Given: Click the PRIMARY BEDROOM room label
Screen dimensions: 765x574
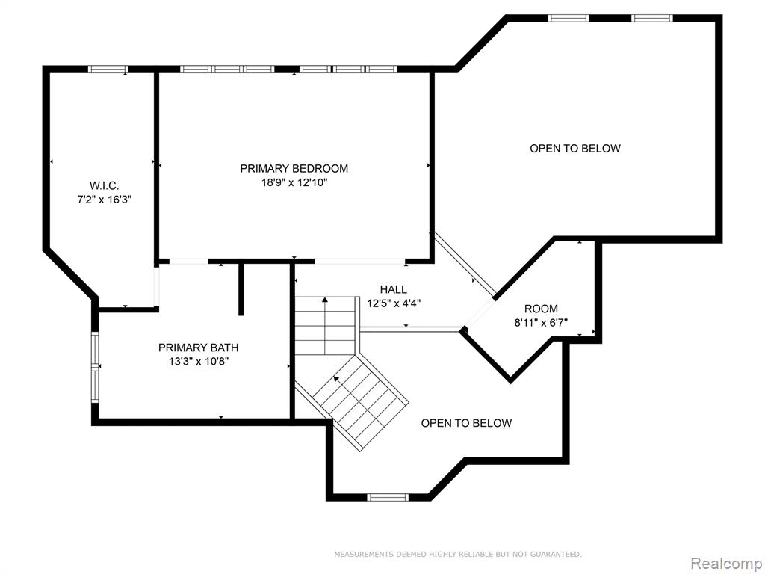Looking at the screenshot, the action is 294,168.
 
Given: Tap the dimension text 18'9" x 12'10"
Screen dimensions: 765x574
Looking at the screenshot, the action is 294,183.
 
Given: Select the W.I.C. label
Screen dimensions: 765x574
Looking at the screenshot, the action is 105,185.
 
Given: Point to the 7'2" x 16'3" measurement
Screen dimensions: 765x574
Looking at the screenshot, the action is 105,200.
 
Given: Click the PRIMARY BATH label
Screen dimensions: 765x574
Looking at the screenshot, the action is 199,348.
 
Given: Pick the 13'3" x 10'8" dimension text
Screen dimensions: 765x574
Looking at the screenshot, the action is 199,362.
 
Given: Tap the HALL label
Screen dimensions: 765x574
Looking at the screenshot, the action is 394,289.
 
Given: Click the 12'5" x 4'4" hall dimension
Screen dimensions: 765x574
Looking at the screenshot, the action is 394,303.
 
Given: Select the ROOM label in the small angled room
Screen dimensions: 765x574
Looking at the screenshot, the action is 541,309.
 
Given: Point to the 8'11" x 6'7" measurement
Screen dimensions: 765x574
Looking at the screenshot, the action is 541,323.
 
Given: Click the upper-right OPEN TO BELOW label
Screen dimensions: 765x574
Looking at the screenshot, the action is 575,149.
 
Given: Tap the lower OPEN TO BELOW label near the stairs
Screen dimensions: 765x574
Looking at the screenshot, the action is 466,423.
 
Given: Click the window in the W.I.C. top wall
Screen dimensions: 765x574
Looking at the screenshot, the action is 108,70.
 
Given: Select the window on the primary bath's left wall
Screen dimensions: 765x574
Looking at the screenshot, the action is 95,367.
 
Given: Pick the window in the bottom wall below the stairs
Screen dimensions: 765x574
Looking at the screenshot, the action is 388,497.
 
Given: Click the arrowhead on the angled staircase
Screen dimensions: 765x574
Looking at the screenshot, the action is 336,378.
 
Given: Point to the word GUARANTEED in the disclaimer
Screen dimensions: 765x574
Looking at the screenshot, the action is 558,554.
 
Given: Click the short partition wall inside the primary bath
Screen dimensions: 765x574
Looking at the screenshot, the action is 241,289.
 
